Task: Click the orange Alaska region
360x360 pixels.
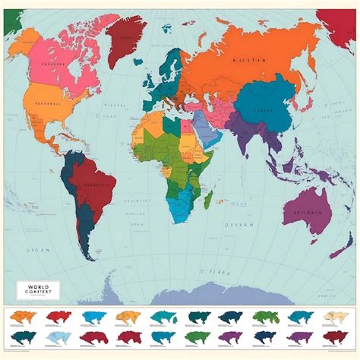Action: (23, 46)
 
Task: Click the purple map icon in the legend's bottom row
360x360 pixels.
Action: (229, 337)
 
